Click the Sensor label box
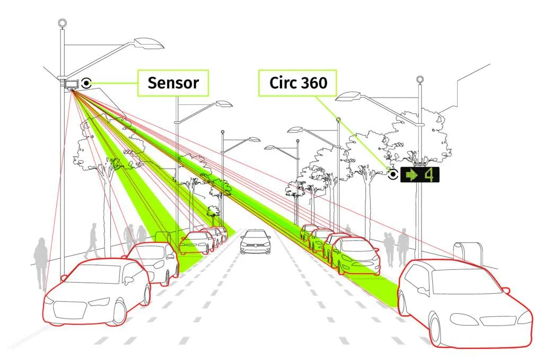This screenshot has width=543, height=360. click(x=173, y=83)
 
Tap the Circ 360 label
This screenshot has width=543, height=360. click(x=298, y=83)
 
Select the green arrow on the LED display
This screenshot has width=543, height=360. click(x=410, y=174)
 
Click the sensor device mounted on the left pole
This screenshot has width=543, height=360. click(x=71, y=84)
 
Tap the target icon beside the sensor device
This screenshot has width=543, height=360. click(x=86, y=83)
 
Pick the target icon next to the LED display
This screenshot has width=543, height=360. click(x=393, y=174)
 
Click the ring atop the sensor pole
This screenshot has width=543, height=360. click(x=63, y=23)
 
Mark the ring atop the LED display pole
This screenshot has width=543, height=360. click(x=421, y=80)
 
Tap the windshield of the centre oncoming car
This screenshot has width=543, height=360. click(x=256, y=234)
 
